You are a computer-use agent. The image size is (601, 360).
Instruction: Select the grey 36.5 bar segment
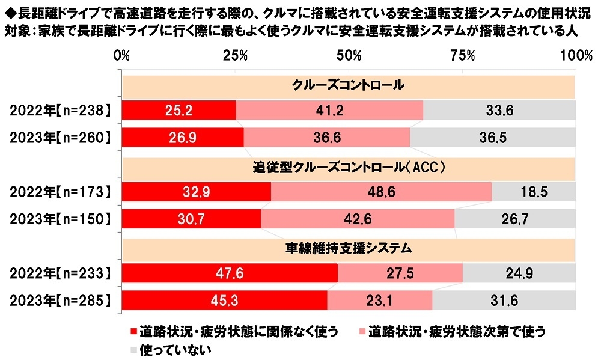pos(493,137)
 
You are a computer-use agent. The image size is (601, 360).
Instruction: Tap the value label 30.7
pos(192,219)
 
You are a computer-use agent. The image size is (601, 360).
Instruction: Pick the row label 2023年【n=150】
pos(60,219)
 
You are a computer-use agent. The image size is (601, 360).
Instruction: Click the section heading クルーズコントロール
pos(348,85)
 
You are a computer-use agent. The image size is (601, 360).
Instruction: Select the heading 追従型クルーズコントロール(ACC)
pos(348,168)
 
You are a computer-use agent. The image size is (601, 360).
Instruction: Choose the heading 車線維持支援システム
pos(348,248)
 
